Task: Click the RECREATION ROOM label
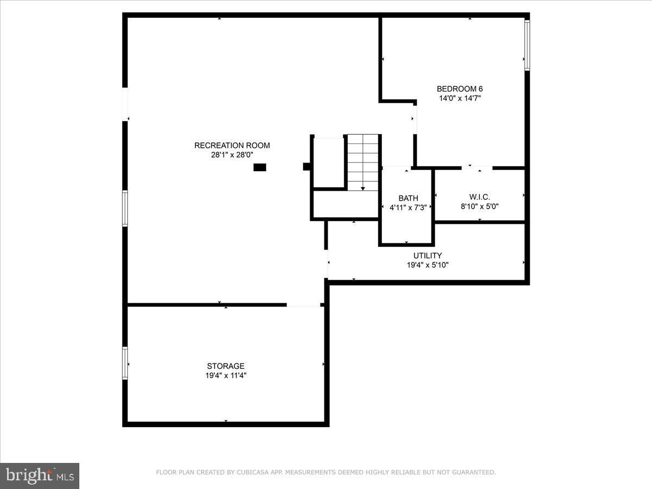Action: pos(232,145)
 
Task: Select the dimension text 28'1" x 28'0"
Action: pos(232,154)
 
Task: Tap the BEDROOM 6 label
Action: pos(460,89)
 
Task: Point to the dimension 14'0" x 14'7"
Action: pos(460,98)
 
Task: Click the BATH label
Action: pos(408,198)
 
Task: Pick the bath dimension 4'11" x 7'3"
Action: pos(408,208)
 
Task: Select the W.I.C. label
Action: pos(479,197)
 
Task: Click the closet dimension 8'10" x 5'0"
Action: pos(479,206)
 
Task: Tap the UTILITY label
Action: pos(428,255)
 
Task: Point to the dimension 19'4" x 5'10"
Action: pos(428,265)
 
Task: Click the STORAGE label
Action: pos(225,366)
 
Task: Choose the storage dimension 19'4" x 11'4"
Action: pos(225,375)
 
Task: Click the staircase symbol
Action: pos(363,162)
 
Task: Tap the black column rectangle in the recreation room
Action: pos(260,168)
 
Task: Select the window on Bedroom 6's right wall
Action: pos(527,46)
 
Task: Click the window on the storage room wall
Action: pos(125,363)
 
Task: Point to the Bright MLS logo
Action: pos(40,475)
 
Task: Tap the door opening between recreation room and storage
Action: pos(303,305)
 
